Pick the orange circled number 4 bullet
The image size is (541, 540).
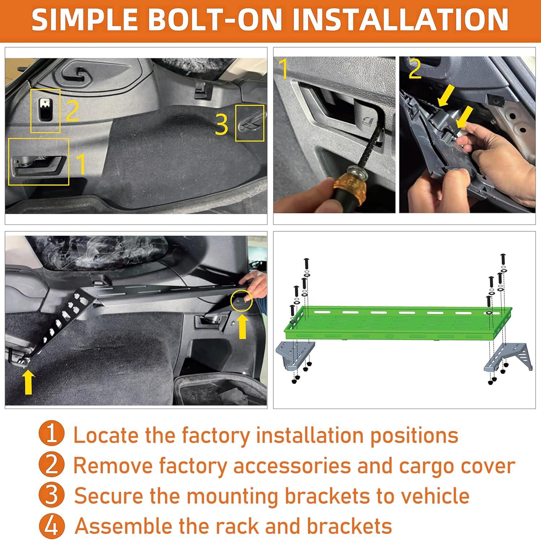coord(52,526)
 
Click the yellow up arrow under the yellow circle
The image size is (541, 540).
coord(242,326)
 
